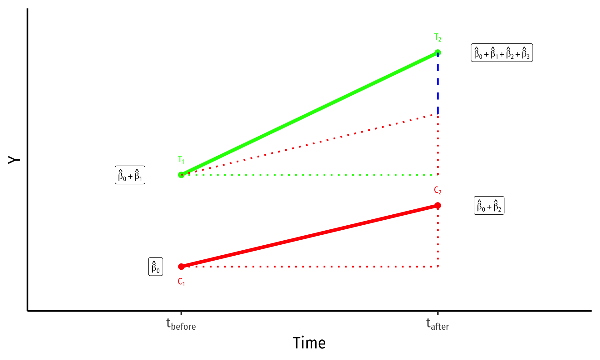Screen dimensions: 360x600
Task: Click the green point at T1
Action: (181, 175)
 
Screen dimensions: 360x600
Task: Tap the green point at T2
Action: (438, 52)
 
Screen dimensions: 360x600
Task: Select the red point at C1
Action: (181, 267)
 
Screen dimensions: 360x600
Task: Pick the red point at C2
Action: (438, 205)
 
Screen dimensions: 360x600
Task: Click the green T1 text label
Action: (181, 160)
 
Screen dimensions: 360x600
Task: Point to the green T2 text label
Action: (438, 37)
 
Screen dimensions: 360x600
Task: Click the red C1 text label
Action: (181, 282)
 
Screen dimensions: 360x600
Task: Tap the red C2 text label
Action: (438, 190)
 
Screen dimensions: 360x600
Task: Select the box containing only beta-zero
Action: (156, 267)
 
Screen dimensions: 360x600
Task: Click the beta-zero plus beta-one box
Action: (130, 175)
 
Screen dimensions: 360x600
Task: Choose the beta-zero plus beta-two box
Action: (489, 205)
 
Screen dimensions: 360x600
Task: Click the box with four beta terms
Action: (502, 52)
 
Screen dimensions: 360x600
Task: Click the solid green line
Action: (309, 114)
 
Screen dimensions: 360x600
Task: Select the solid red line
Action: (309, 236)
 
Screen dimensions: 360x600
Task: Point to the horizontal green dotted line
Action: (309, 175)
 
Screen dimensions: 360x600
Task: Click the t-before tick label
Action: (181, 324)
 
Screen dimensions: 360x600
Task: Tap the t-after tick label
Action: (438, 324)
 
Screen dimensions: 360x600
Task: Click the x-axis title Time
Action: (309, 343)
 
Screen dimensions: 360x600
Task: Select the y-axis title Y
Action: (14, 160)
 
